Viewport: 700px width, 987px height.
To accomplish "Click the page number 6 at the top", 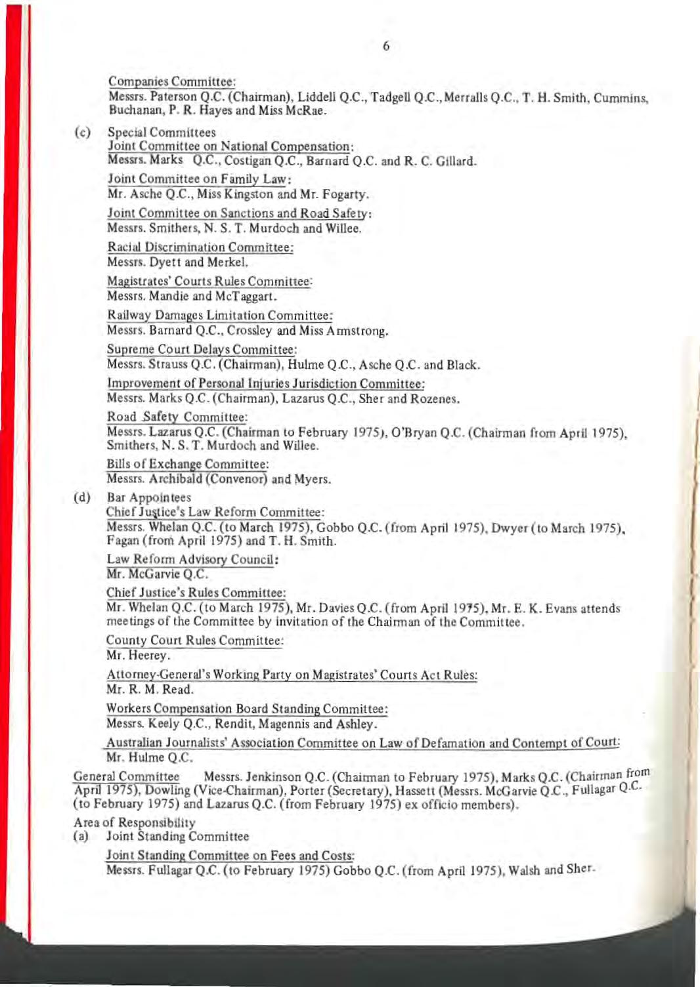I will (385, 46).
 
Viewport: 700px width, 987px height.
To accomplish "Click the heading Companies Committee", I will (172, 82).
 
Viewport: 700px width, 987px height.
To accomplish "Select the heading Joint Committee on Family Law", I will (200, 179).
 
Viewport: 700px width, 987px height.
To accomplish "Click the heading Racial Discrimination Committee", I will (200, 247).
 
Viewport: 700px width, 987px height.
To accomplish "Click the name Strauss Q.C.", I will (171, 365).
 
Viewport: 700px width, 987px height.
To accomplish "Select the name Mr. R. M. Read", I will (150, 689).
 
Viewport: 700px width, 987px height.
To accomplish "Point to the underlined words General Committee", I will (126, 777).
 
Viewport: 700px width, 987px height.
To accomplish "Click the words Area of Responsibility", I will (135, 822).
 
